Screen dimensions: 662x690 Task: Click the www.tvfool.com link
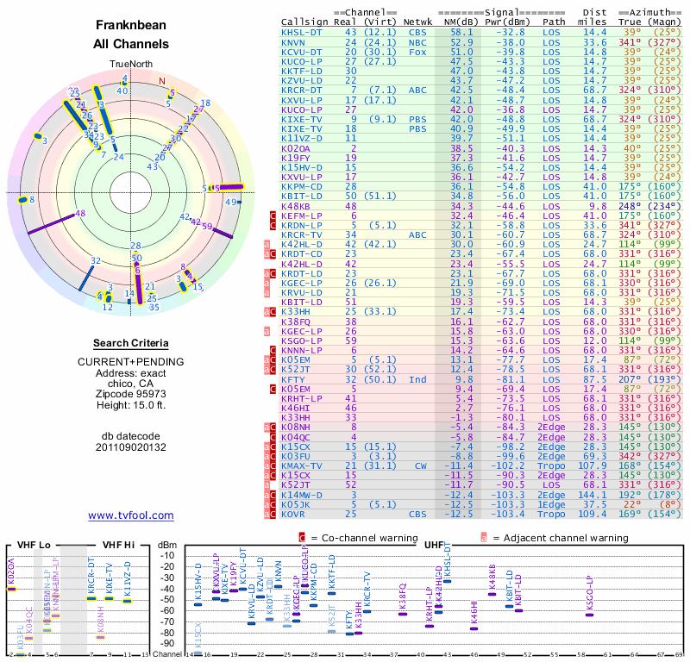click(x=131, y=515)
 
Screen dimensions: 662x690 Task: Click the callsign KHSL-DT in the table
click(x=302, y=32)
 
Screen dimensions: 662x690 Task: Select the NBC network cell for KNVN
click(x=417, y=41)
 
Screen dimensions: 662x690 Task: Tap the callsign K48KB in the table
click(x=296, y=206)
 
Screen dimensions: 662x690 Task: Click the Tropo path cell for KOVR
click(x=555, y=514)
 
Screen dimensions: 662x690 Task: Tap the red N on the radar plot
click(x=161, y=82)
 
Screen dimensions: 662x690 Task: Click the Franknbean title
click(x=131, y=26)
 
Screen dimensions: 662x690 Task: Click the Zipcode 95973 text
click(x=131, y=390)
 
